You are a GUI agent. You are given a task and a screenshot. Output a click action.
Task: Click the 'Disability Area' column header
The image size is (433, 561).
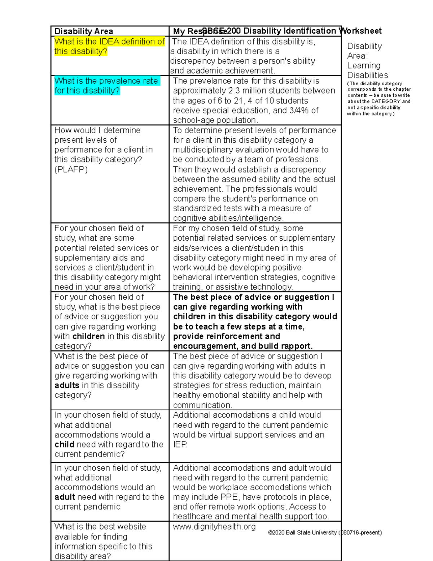84,31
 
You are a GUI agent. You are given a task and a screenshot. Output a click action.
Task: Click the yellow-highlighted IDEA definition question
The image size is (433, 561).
109,46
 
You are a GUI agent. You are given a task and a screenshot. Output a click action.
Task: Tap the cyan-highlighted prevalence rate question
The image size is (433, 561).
106,86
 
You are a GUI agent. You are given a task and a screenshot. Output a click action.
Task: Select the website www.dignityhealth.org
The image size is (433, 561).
214,527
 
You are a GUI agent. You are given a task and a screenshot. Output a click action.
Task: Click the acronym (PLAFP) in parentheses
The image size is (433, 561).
71,169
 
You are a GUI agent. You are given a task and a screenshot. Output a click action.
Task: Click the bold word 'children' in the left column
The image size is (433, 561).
88,336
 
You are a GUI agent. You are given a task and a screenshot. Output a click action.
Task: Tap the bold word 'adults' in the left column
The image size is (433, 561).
67,385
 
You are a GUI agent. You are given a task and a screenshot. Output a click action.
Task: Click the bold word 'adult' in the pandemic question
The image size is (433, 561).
65,497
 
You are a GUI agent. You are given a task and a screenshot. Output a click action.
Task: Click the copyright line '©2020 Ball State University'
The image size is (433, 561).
302,532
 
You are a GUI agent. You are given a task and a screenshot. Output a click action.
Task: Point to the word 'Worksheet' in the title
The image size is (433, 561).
361,31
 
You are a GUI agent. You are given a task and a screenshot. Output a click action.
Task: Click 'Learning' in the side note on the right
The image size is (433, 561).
363,66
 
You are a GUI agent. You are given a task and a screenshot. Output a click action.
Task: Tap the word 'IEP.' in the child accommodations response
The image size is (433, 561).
180,445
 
